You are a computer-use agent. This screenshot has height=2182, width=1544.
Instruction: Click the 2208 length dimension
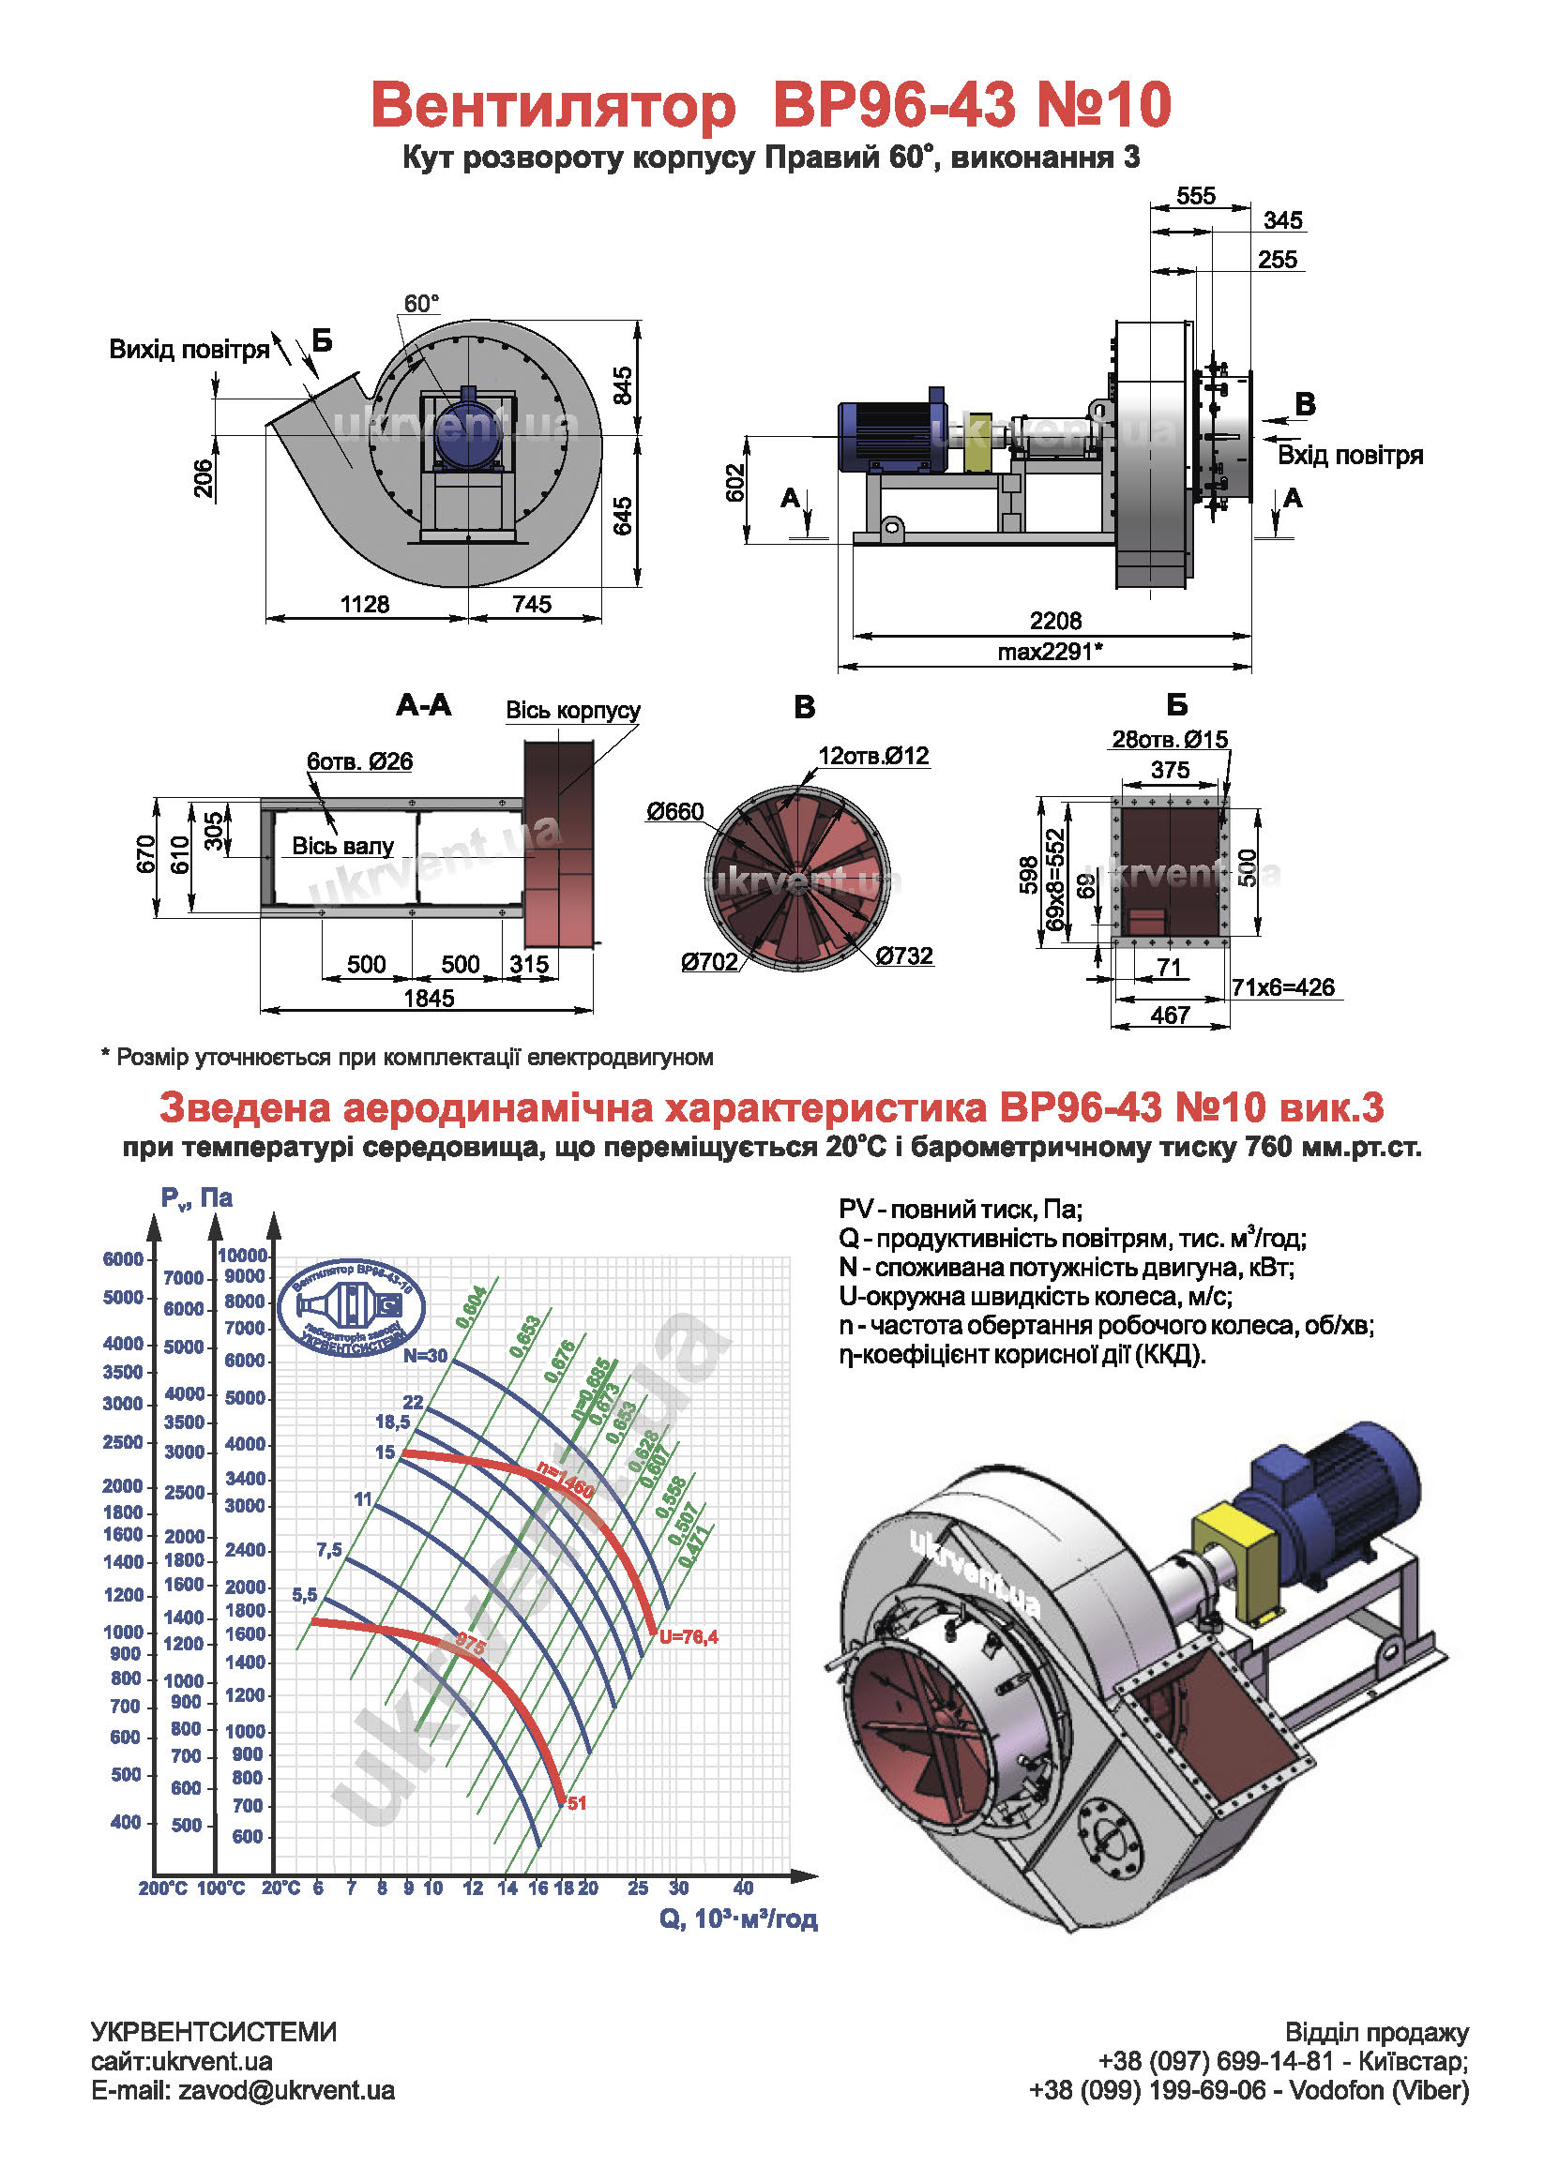pyautogui.click(x=1055, y=621)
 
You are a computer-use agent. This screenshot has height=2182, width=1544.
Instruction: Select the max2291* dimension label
pyautogui.click(x=1050, y=652)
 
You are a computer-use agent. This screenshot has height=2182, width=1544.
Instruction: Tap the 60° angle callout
pyautogui.click(x=421, y=304)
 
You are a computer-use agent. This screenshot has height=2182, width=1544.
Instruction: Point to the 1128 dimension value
pyautogui.click(x=365, y=605)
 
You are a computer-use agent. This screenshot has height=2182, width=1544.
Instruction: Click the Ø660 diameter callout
pyautogui.click(x=675, y=812)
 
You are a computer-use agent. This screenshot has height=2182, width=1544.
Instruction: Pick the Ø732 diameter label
pyautogui.click(x=904, y=956)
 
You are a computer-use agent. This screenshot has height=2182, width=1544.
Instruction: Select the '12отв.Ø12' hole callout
pyautogui.click(x=872, y=757)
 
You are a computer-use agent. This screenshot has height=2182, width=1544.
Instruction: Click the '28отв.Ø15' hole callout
pyautogui.click(x=1170, y=740)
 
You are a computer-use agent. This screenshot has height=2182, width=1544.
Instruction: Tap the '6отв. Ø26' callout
pyautogui.click(x=359, y=761)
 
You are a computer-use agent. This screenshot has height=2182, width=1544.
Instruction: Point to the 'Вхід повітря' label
pyautogui.click(x=1350, y=455)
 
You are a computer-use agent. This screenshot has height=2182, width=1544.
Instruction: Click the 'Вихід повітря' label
pyautogui.click(x=189, y=350)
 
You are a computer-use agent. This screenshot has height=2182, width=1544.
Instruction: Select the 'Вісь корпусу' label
pyautogui.click(x=572, y=710)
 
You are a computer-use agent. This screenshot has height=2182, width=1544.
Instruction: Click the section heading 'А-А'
pyautogui.click(x=424, y=705)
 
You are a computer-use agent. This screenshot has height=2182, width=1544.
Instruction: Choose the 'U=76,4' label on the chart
pyautogui.click(x=689, y=1636)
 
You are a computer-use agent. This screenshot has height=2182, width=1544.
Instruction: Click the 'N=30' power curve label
pyautogui.click(x=425, y=1356)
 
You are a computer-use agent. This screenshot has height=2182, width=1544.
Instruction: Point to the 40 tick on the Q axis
pyautogui.click(x=744, y=1889)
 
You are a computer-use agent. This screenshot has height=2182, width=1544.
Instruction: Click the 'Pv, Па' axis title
pyautogui.click(x=197, y=1198)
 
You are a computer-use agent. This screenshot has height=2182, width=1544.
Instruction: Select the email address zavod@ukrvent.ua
pyautogui.click(x=286, y=2091)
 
